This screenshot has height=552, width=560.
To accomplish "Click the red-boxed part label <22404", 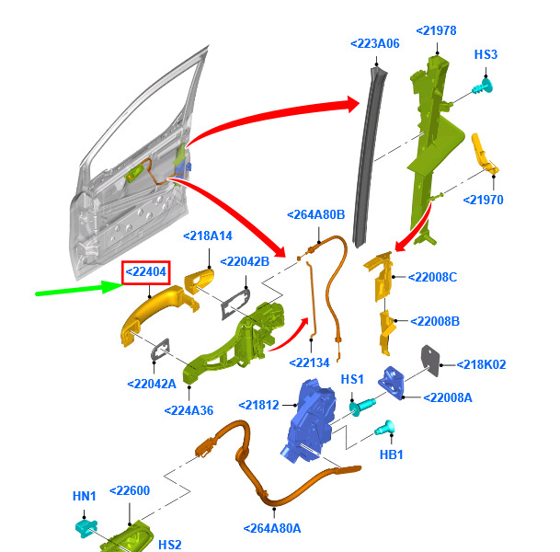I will pos(146,271).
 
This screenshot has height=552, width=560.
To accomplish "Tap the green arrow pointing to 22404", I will pos(77,291).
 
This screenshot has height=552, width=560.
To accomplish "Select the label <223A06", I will pos(374,43).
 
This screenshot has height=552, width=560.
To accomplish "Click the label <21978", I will pos(436,30).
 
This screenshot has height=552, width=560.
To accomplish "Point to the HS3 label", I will pos(486,55).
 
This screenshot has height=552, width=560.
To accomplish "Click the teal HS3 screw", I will pos(483,88).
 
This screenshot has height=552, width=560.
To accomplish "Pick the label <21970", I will pos(483,200).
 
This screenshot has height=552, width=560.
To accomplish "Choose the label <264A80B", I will pos(315,214).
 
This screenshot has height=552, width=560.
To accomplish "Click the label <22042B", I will pos(244,260).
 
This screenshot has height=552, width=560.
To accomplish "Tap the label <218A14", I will pos(207,236).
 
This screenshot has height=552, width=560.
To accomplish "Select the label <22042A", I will pos(152,383).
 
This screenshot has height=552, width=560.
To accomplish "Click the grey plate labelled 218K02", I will pos(431,361).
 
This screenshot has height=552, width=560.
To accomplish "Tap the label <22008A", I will pos(448,397).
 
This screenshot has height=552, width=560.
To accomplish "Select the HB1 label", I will pos(391,454).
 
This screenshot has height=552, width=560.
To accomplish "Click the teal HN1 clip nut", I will pos(85,527).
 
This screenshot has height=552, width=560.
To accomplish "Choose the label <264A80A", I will pos(273,528).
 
